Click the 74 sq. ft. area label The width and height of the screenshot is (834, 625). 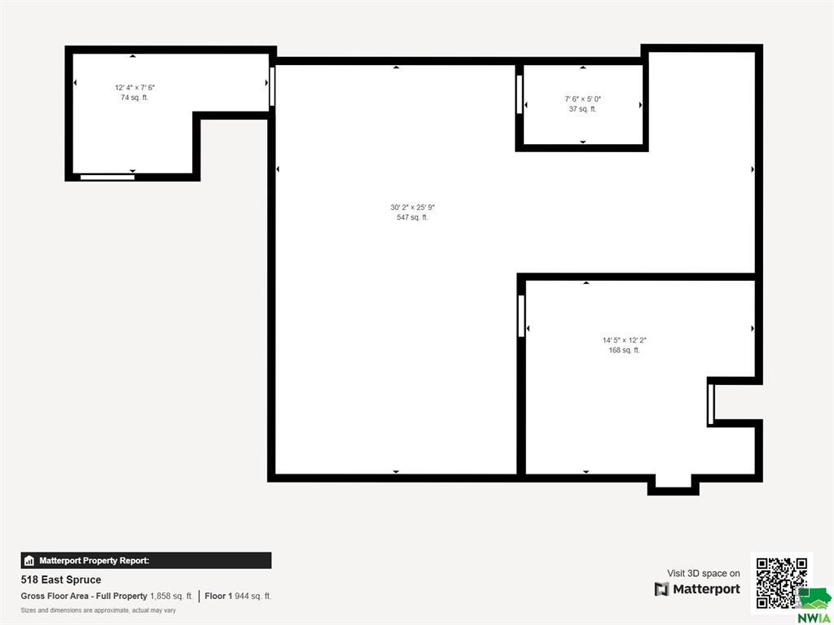click(134, 98)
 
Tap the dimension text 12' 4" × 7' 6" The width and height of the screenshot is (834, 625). click(134, 88)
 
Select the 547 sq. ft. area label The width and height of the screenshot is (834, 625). click(412, 217)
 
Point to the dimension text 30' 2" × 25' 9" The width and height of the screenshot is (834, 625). click(413, 208)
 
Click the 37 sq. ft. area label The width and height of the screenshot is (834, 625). click(582, 109)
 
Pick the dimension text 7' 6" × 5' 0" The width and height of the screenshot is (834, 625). click(583, 98)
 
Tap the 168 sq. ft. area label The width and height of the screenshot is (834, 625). click(625, 350)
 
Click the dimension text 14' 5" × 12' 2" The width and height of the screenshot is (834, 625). click(625, 340)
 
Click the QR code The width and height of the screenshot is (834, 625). click(781, 582)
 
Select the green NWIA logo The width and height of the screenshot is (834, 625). click(814, 605)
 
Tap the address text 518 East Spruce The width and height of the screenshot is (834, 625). click(60, 579)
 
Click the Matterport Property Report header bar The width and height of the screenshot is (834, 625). click(147, 561)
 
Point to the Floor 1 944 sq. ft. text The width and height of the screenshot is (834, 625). click(238, 597)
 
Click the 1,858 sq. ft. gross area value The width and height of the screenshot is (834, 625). click(171, 597)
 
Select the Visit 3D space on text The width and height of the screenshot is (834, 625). click(703, 574)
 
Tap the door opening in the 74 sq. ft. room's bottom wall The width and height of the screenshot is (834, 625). click(108, 177)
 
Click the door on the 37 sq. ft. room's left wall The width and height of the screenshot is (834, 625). click(519, 94)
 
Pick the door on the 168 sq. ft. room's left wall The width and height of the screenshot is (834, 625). click(521, 316)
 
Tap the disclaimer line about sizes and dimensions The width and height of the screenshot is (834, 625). click(99, 610)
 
